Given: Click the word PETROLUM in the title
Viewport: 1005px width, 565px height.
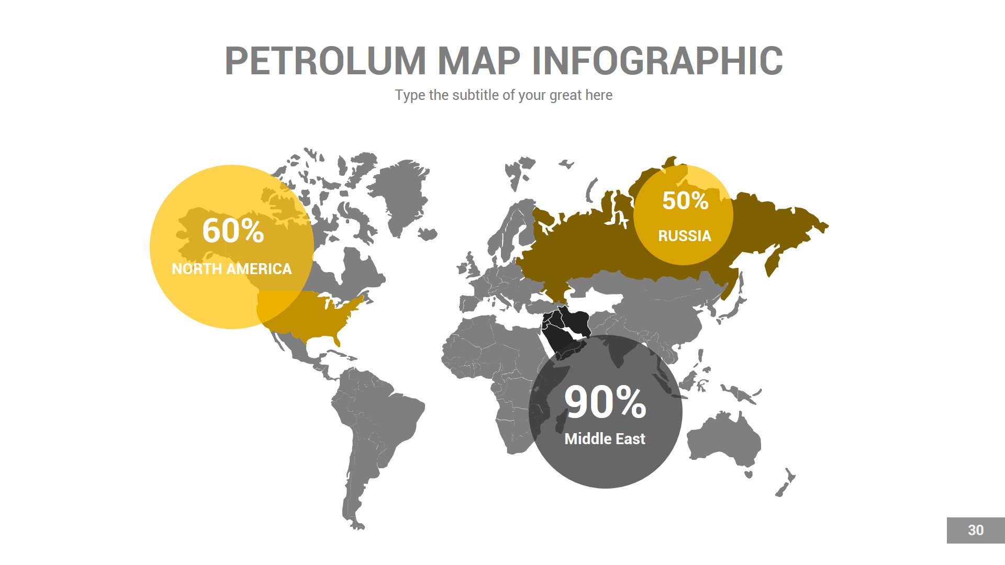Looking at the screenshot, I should (x=325, y=61).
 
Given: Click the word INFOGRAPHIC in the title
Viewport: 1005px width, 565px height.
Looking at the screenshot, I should (x=657, y=61).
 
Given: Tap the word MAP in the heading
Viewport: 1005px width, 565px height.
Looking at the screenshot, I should (x=478, y=61).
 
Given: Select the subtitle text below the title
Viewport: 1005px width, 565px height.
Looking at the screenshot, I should (x=503, y=95).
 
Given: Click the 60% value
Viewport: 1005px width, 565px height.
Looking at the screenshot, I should (x=233, y=231).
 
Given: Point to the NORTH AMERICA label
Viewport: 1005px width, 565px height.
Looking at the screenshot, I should (x=231, y=269).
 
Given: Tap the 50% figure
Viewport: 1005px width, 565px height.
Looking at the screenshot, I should (x=685, y=201).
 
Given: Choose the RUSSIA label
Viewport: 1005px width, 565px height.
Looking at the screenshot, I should (x=684, y=236).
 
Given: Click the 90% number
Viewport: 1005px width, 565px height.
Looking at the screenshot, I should (x=605, y=402).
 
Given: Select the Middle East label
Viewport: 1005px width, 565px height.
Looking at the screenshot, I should (x=605, y=439).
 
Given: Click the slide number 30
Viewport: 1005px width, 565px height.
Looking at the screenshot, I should (x=975, y=530).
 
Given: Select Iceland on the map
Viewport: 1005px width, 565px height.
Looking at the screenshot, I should (x=428, y=234).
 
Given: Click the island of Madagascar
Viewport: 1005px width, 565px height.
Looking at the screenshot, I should (x=561, y=421).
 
